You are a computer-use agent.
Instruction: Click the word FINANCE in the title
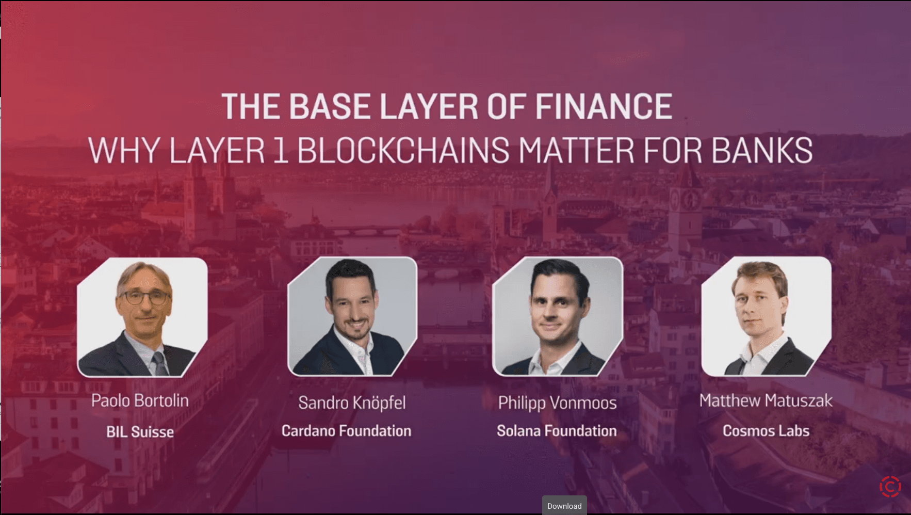click(x=603, y=107)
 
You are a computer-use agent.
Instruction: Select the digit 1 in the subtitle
click(x=280, y=151)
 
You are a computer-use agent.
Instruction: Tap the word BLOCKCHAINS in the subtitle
click(x=403, y=151)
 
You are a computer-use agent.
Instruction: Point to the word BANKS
click(x=762, y=151)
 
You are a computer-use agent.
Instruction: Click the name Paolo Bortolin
click(x=140, y=400)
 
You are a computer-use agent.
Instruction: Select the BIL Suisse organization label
click(x=140, y=431)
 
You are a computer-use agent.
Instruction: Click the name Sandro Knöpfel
click(x=352, y=403)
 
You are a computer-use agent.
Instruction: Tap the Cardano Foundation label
click(x=346, y=431)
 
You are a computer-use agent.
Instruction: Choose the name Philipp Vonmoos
click(x=557, y=403)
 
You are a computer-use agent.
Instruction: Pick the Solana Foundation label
click(x=557, y=431)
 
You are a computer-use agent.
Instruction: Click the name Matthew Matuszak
click(x=766, y=400)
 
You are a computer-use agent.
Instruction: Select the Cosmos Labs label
click(x=766, y=431)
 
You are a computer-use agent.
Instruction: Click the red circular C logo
click(x=890, y=487)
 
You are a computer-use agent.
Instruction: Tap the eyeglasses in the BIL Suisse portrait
click(x=144, y=297)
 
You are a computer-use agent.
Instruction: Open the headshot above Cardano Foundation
click(x=352, y=316)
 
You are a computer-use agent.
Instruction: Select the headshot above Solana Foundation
click(x=558, y=316)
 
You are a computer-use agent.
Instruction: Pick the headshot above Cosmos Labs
click(x=766, y=316)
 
